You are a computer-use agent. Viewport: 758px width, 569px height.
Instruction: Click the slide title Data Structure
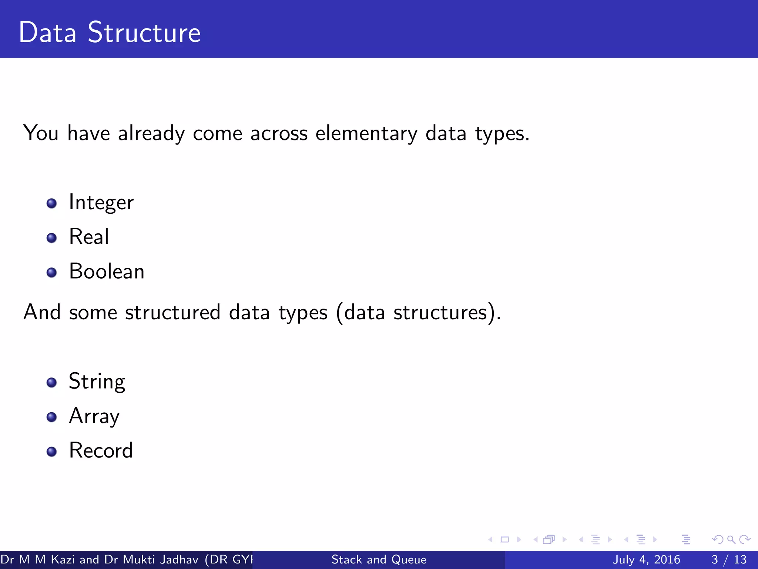[x=110, y=33]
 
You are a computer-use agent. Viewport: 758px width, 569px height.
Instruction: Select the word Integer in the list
[x=101, y=203]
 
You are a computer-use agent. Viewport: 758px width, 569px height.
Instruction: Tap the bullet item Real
[x=89, y=237]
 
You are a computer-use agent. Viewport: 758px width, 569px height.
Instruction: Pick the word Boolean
[x=107, y=272]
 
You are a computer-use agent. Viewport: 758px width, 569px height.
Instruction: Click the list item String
[x=97, y=382]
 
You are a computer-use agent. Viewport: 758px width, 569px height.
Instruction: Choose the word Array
[x=94, y=416]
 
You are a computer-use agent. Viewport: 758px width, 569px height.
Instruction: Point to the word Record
[x=101, y=451]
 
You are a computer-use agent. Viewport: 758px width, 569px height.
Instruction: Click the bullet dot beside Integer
[x=51, y=203]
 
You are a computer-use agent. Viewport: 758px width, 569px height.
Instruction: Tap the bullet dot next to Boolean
[x=51, y=273]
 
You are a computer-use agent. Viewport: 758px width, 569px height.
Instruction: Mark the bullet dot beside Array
[x=51, y=417]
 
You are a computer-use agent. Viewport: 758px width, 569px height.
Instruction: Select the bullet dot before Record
[x=51, y=452]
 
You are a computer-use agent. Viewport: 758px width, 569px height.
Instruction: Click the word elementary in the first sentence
[x=366, y=133]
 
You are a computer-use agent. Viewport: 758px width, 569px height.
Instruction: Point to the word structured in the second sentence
[x=172, y=312]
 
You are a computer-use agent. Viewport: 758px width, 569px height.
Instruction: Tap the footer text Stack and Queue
[x=379, y=559]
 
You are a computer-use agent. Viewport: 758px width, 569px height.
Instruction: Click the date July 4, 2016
[x=646, y=559]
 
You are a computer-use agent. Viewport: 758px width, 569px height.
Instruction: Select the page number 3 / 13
[x=729, y=559]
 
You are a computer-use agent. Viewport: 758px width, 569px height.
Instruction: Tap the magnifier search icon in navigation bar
[x=731, y=540]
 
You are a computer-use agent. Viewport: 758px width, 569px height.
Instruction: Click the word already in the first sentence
[x=151, y=133]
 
